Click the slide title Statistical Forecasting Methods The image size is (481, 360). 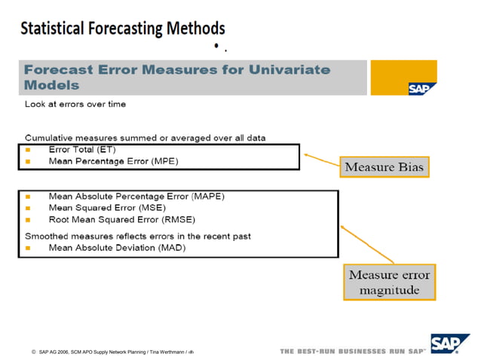click(122, 29)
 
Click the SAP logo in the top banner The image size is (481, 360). click(418, 87)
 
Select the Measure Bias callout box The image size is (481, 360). click(384, 166)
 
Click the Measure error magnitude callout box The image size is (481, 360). click(389, 282)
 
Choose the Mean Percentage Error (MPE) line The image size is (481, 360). click(113, 160)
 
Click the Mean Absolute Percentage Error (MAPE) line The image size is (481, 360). click(136, 197)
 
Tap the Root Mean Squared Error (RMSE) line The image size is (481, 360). click(121, 220)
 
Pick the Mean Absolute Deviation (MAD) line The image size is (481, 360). click(117, 247)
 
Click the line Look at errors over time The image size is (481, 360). click(75, 104)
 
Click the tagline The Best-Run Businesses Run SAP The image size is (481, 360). click(353, 352)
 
